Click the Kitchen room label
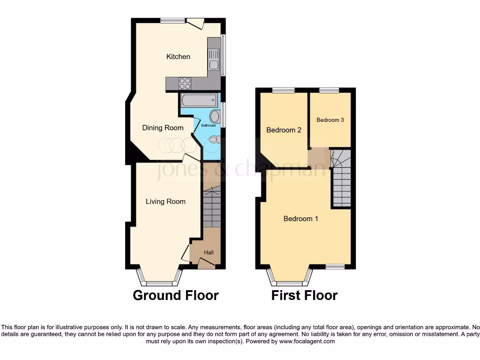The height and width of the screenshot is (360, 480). tap(178, 57)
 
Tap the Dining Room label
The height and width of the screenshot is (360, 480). tap(163, 127)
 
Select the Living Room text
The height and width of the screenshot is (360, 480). tap(165, 202)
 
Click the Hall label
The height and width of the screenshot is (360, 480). tap(209, 253)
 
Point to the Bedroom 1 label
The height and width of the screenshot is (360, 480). tap(301, 218)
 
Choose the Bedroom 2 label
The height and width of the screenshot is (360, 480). tap(284, 130)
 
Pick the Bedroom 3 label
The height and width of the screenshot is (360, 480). tap(330, 120)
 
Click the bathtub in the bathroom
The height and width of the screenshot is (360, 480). tap(199, 100)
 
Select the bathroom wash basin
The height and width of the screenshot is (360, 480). tap(214, 116)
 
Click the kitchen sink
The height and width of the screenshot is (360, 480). tap(214, 59)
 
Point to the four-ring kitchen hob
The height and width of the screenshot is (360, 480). tap(185, 83)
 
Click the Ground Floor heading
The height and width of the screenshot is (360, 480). tap(175, 295)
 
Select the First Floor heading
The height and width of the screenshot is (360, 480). tap(304, 295)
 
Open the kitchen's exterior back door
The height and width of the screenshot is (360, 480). tap(195, 22)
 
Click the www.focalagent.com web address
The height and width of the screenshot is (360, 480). tap(307, 341)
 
